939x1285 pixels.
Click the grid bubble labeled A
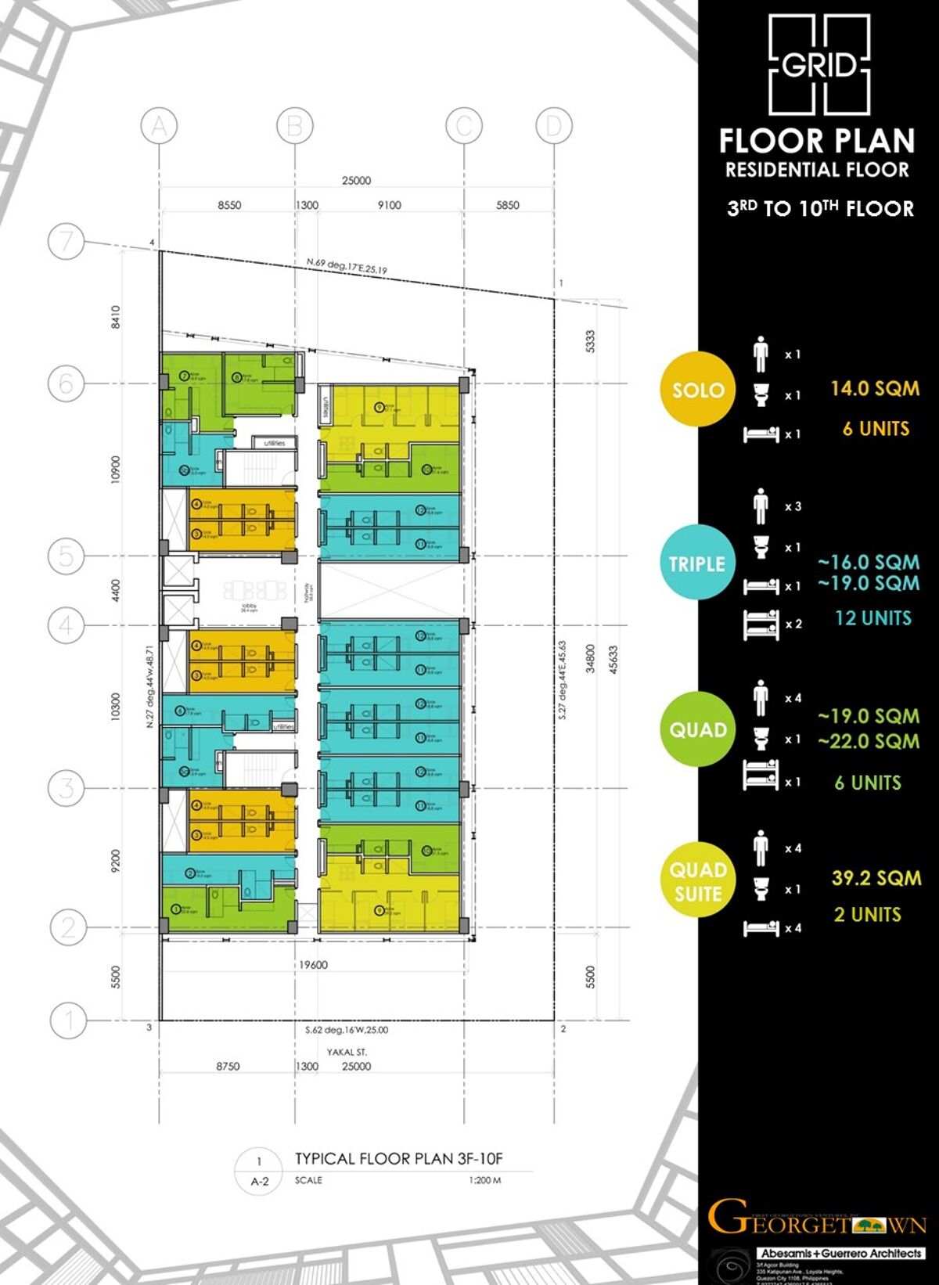coord(159,126)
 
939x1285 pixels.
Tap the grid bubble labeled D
coord(554,126)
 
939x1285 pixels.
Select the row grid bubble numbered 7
coord(66,241)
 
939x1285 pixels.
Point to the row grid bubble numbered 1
coord(68,1020)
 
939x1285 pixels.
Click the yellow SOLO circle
coord(698,389)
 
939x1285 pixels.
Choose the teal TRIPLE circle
coord(696,563)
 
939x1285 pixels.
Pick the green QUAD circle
coord(698,729)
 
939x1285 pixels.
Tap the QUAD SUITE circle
coord(698,881)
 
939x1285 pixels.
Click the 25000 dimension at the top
coord(356,181)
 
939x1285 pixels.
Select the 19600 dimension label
coord(313,965)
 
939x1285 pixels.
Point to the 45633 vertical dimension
coord(613,660)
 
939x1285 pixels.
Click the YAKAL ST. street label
coord(347,1052)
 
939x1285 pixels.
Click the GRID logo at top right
coord(818,65)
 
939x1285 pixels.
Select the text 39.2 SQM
coord(876,878)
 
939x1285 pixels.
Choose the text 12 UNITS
coord(872,618)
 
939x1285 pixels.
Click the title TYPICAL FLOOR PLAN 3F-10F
coord(398,1158)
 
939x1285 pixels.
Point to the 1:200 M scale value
coord(484,1180)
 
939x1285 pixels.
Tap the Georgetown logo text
coord(816,1218)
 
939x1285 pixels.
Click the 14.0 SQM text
coord(875,388)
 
